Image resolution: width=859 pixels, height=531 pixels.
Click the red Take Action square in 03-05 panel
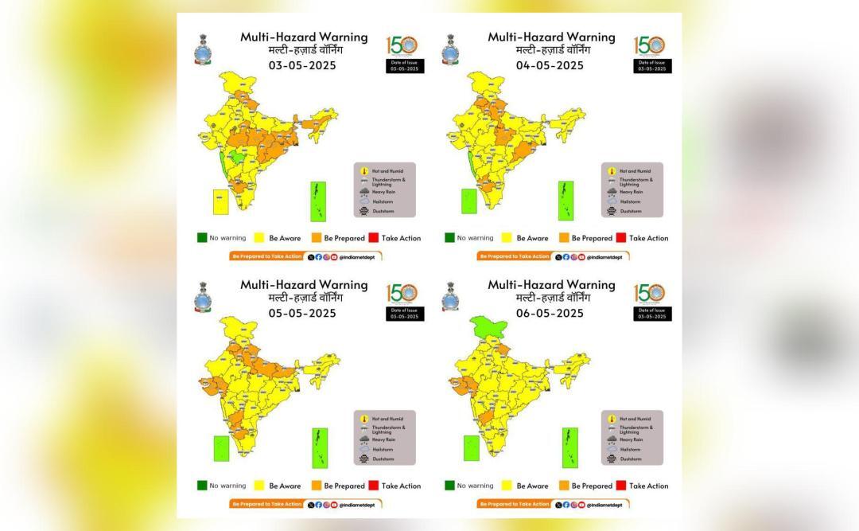point(371,238)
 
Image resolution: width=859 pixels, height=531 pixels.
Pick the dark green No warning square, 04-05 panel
point(449,238)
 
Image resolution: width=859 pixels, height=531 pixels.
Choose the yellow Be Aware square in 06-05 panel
point(506,486)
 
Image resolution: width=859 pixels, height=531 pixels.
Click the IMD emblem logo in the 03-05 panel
point(201,49)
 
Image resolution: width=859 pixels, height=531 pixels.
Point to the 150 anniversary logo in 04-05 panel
point(649,45)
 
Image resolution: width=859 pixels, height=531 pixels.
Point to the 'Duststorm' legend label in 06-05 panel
point(630,459)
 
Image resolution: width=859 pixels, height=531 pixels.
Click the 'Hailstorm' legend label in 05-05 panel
point(383,449)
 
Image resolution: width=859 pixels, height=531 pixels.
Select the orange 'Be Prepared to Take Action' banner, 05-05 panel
point(266,504)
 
